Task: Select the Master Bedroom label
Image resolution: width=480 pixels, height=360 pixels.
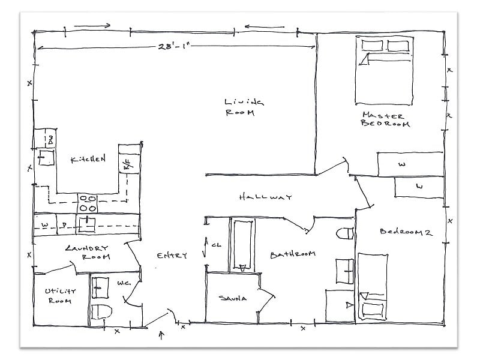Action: tap(385, 119)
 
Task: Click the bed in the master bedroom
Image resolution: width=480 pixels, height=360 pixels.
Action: tap(384, 70)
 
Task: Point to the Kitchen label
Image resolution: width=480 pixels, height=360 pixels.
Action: tap(88, 160)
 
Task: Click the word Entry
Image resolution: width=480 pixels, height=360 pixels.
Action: tap(172, 256)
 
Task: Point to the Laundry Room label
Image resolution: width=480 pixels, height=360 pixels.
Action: tap(88, 252)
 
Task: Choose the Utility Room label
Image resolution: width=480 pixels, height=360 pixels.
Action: tap(59, 295)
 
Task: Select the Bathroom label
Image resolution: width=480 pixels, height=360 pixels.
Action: tap(292, 254)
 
